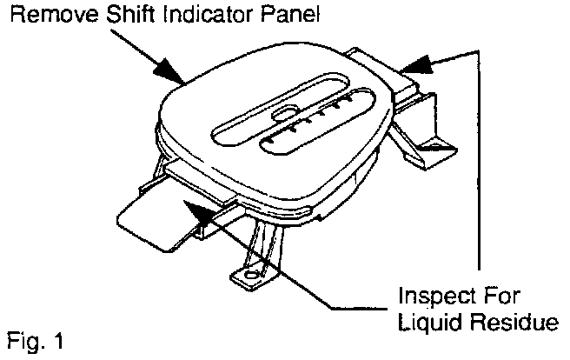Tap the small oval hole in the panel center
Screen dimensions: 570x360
click(282, 113)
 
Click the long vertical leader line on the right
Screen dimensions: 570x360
click(481, 157)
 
